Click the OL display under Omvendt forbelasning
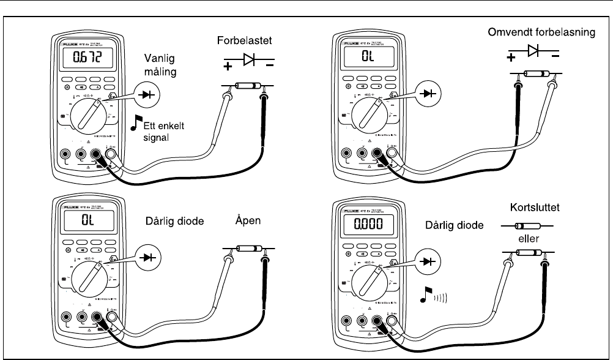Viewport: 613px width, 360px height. (367, 59)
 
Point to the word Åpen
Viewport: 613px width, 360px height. (247, 223)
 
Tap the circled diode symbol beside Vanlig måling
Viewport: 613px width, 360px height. (146, 95)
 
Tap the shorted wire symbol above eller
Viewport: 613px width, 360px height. (524, 226)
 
